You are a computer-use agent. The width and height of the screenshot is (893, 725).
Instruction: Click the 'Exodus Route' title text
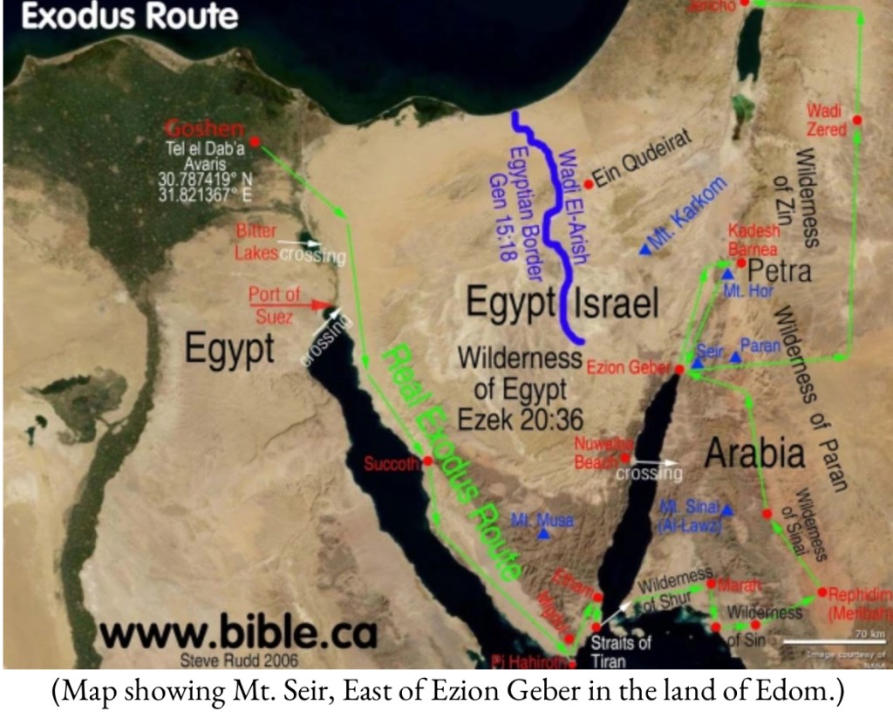tap(129, 17)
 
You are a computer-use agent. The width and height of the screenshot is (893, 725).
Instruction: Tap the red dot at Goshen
tap(255, 141)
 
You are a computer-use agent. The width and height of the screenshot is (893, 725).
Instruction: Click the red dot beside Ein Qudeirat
tap(589, 184)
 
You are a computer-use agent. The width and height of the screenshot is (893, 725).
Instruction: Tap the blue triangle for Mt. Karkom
tap(644, 250)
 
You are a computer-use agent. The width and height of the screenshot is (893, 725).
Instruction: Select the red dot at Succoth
tap(428, 462)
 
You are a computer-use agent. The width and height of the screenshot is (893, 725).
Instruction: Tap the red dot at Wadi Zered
tap(858, 120)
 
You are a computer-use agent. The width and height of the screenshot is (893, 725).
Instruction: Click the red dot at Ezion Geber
tap(679, 370)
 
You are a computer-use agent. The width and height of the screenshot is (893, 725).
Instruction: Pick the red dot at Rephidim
tap(821, 592)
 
